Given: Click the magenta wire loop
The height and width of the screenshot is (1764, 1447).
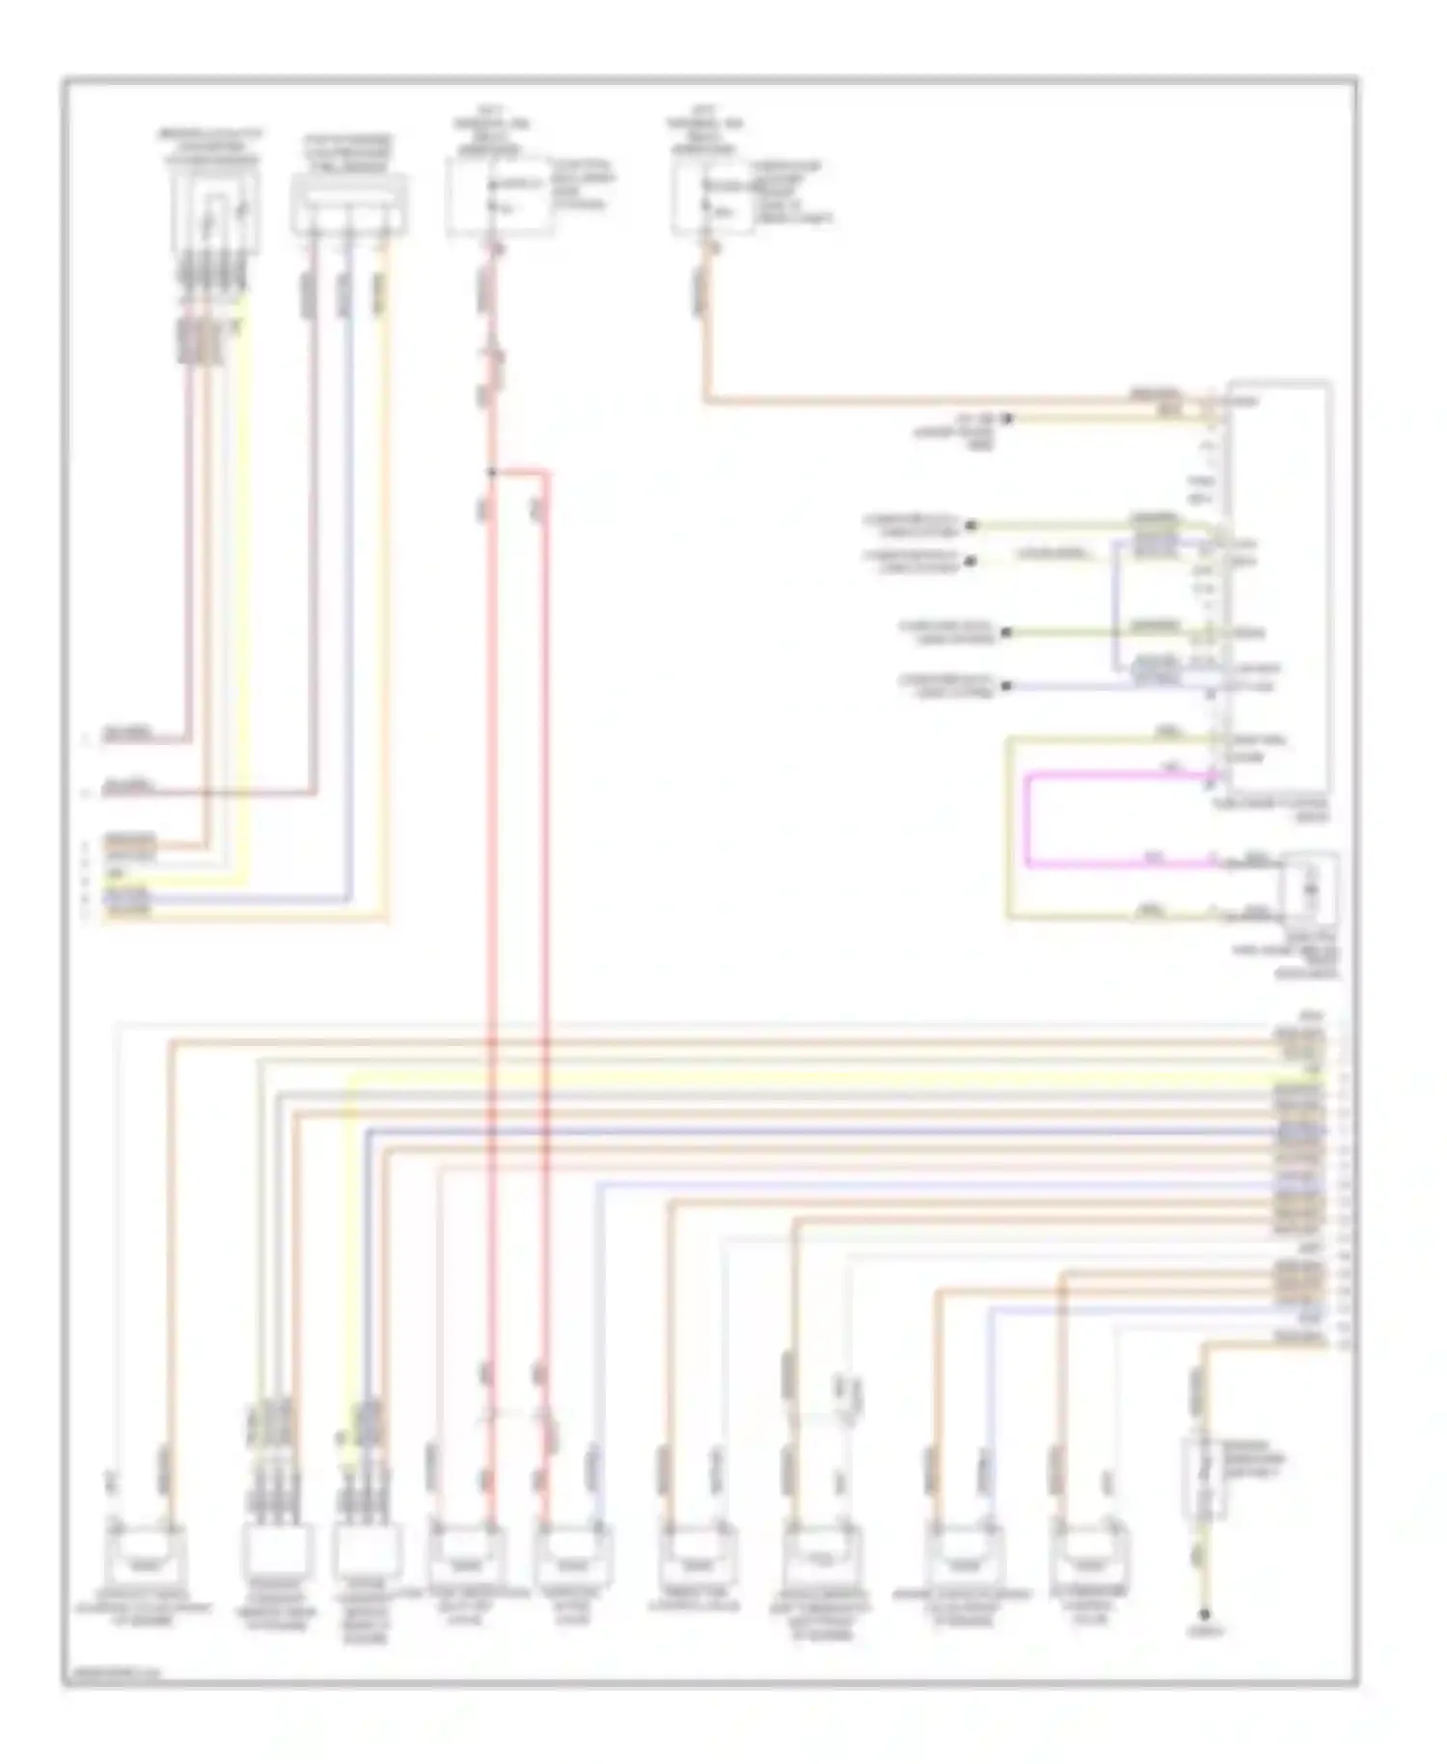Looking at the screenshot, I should [1027, 820].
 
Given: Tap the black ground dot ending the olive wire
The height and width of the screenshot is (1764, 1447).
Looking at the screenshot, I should [1204, 1614].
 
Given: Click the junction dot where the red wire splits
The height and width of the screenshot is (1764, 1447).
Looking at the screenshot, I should [491, 472].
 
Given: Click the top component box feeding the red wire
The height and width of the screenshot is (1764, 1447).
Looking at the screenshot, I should [498, 198].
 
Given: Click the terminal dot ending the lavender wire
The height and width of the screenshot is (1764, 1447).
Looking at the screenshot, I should [1006, 685].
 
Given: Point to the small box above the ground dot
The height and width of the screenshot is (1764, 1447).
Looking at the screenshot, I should [1202, 1475].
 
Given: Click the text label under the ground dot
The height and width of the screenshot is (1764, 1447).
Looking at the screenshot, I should [1206, 1633].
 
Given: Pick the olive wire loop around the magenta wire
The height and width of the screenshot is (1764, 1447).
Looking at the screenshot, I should [1009, 830].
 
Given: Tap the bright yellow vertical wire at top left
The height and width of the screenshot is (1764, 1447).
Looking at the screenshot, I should [247, 579].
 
